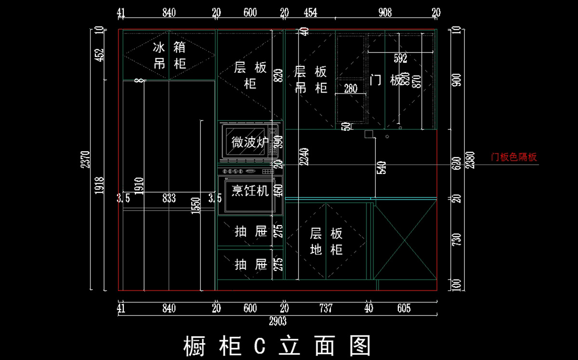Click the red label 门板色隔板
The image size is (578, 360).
click(x=513, y=157)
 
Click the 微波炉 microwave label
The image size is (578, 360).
click(x=250, y=142)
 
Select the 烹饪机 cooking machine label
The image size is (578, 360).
click(x=250, y=191)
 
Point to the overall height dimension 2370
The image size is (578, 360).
click(x=85, y=160)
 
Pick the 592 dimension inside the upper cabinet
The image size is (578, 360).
click(x=400, y=59)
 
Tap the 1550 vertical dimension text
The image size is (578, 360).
click(x=196, y=206)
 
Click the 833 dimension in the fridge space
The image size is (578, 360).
click(x=169, y=198)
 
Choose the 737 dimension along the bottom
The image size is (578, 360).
click(x=326, y=308)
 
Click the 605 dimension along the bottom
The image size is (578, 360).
click(x=404, y=308)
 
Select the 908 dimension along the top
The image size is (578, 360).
click(x=385, y=13)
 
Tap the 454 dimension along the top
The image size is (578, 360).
click(x=311, y=13)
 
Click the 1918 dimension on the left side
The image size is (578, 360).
click(x=100, y=186)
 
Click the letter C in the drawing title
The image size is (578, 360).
click(x=260, y=346)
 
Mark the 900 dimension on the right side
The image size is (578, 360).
click(x=457, y=80)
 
